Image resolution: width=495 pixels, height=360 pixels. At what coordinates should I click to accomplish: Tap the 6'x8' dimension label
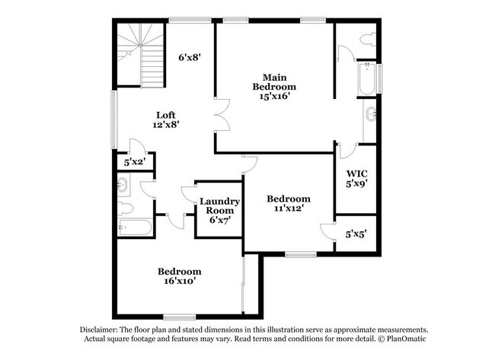[x=190, y=56]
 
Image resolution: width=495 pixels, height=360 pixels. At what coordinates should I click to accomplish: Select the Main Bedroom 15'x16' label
[x=274, y=87]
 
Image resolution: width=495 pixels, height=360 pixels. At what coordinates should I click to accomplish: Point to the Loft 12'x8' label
[x=166, y=119]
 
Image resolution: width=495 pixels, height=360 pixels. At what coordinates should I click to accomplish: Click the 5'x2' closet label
[x=135, y=162]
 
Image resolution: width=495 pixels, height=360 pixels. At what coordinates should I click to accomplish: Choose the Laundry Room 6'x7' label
[x=220, y=211]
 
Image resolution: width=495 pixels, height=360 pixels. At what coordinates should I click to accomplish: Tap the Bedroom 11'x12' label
[x=288, y=204]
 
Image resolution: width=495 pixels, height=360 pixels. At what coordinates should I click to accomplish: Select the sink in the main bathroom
[x=370, y=116]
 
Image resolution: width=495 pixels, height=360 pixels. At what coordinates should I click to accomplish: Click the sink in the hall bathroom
[x=123, y=183]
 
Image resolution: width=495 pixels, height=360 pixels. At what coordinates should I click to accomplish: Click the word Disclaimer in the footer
[x=104, y=329]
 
